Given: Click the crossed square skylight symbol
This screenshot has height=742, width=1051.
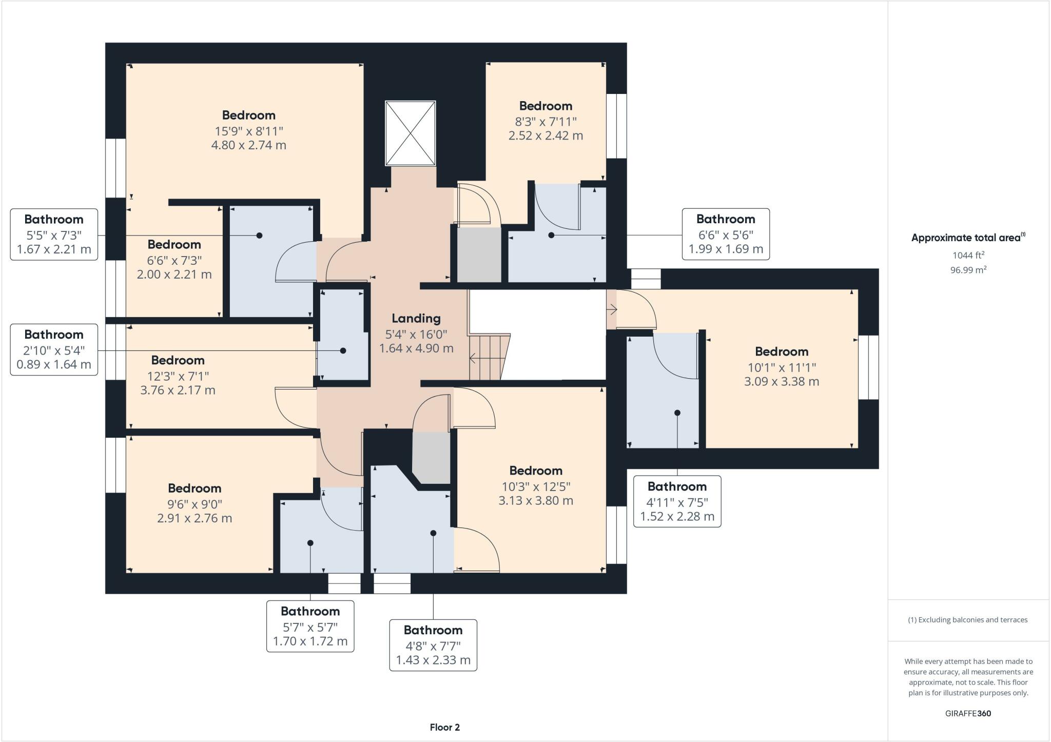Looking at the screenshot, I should pyautogui.click(x=410, y=133).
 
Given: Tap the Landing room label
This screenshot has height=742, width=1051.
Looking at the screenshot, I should pyautogui.click(x=416, y=319).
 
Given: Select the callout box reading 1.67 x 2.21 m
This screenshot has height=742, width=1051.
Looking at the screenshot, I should pyautogui.click(x=54, y=235).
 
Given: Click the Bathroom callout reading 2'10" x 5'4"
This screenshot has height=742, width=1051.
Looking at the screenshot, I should pyautogui.click(x=54, y=349).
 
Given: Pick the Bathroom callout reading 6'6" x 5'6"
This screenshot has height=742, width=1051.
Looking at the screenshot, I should pyautogui.click(x=725, y=234).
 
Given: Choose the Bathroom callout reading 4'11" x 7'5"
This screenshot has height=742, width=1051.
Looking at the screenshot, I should pyautogui.click(x=677, y=501).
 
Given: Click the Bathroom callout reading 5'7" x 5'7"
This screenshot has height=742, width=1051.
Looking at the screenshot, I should pyautogui.click(x=310, y=626).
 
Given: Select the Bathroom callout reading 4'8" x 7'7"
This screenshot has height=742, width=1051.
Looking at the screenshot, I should pyautogui.click(x=433, y=645).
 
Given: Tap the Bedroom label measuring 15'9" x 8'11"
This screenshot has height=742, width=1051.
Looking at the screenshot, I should pyautogui.click(x=248, y=115).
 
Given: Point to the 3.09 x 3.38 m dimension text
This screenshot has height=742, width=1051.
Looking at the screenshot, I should pyautogui.click(x=782, y=382).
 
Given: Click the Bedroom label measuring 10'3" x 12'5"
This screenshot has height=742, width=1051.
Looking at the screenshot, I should pyautogui.click(x=536, y=471).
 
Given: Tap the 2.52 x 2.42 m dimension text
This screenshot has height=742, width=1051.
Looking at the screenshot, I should pyautogui.click(x=546, y=136).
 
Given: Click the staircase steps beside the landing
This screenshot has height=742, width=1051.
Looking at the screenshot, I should pyautogui.click(x=488, y=357).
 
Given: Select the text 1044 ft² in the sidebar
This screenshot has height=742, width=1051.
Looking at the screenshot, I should pyautogui.click(x=968, y=255).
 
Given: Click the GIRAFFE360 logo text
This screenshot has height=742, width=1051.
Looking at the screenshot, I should pyautogui.click(x=968, y=713).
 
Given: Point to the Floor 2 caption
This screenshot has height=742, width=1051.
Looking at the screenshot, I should pyautogui.click(x=444, y=727).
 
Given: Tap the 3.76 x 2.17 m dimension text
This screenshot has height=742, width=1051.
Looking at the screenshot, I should pyautogui.click(x=178, y=390).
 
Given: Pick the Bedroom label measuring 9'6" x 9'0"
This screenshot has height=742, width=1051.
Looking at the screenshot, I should pyautogui.click(x=194, y=489).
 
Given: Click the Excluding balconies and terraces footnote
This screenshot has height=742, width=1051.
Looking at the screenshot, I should pyautogui.click(x=968, y=620).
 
